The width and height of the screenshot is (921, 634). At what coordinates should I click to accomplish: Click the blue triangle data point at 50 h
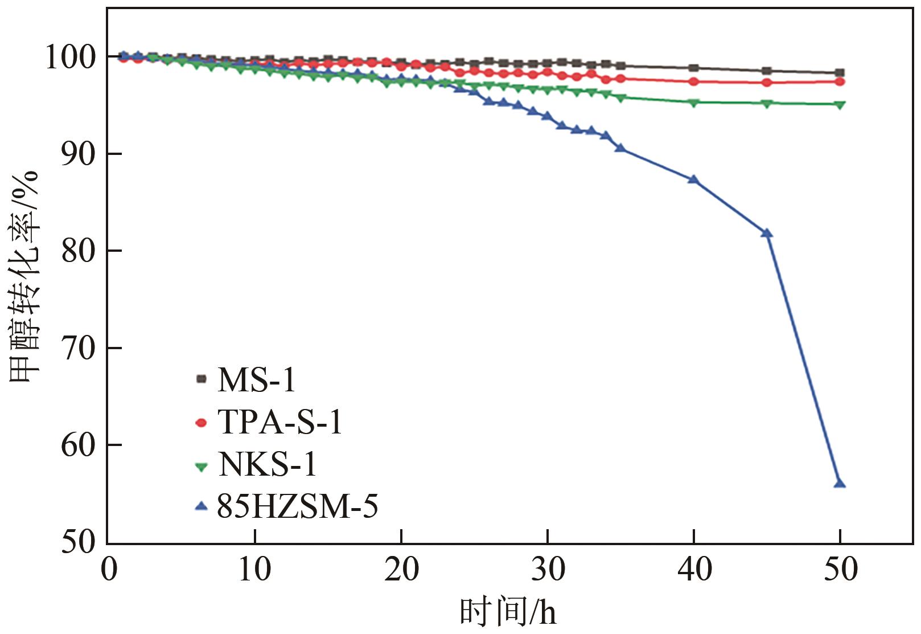(x=840, y=484)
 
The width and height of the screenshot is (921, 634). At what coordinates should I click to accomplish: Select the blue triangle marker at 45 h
(x=767, y=233)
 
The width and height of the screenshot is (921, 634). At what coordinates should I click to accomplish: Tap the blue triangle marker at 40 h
(x=693, y=179)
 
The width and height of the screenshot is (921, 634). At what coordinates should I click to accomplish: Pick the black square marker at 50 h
(x=840, y=73)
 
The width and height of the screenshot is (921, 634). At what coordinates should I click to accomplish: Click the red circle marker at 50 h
(x=840, y=81)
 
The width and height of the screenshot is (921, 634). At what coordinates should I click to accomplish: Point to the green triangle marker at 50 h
(x=840, y=105)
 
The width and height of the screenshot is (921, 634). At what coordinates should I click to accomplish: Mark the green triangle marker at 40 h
(x=693, y=103)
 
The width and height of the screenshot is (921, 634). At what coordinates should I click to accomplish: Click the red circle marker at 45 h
(x=767, y=82)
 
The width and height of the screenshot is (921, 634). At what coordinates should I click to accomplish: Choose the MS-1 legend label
(x=257, y=379)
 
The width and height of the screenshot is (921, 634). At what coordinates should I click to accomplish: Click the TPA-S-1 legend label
(x=280, y=422)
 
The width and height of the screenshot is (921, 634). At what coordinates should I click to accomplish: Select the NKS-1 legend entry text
(x=267, y=464)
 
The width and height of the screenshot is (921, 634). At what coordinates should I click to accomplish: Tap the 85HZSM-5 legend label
(x=297, y=506)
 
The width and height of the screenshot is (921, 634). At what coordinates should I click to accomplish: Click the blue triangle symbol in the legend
(x=201, y=506)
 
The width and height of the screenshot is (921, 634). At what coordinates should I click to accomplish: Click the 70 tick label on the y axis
(x=79, y=348)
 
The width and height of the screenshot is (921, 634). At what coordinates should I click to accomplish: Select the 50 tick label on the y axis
(x=79, y=542)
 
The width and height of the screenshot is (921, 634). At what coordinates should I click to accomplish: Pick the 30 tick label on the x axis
(x=548, y=569)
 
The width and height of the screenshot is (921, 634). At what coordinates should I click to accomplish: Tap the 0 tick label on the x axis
(x=109, y=569)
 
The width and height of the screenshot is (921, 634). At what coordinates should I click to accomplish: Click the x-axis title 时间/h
(x=508, y=613)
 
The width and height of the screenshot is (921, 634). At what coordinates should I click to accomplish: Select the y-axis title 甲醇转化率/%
(x=24, y=276)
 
